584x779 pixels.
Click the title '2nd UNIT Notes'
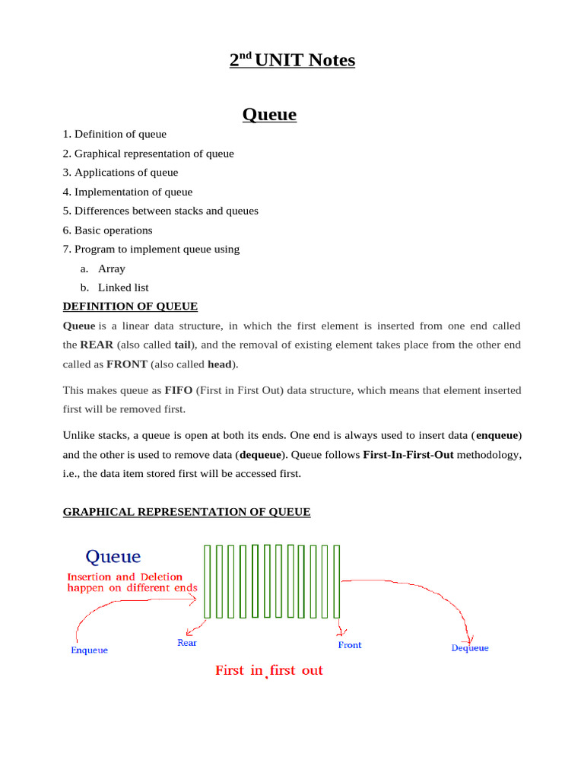[x=292, y=60]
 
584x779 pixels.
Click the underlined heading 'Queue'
[x=269, y=115]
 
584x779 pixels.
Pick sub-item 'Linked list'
[x=123, y=288]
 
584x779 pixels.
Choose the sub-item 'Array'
[x=112, y=269]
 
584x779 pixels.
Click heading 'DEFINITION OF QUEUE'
[x=129, y=307]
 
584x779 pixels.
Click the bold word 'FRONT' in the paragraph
[x=127, y=364]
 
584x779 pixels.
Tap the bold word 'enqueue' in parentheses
[x=497, y=435]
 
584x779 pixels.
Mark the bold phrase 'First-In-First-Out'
[x=411, y=455]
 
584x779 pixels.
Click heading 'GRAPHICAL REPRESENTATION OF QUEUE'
[x=186, y=512]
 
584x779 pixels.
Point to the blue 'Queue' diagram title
[x=113, y=557]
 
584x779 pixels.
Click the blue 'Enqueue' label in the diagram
[x=89, y=650]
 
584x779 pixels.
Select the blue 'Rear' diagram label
[x=187, y=644]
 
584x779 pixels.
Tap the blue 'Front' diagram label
[x=350, y=645]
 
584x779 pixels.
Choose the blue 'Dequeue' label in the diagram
[x=470, y=648]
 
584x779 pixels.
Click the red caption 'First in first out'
[x=269, y=671]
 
